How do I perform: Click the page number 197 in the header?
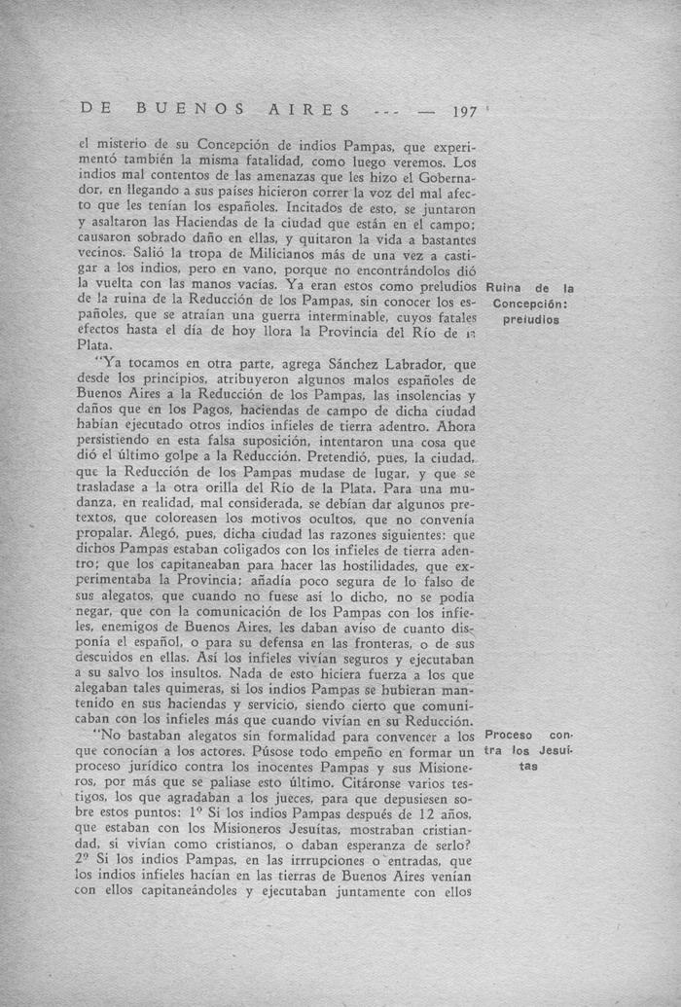pos(465,112)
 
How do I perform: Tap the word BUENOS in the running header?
pos(179,109)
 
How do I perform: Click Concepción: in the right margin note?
pos(529,304)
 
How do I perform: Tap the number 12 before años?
pos(420,814)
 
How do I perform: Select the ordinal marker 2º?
pos(86,862)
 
